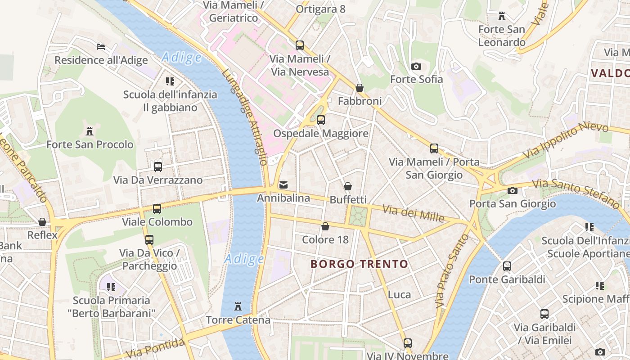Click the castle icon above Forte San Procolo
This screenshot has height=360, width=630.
click(x=89, y=131)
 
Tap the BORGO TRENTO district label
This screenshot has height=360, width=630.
click(x=360, y=264)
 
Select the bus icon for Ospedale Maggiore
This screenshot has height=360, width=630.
click(x=321, y=120)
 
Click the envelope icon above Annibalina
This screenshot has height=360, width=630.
click(x=283, y=184)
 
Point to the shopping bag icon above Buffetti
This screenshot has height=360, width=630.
click(x=348, y=186)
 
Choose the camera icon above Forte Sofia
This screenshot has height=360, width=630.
click(x=416, y=67)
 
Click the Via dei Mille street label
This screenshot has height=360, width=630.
click(x=413, y=213)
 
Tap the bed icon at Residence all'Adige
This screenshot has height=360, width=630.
click(x=101, y=47)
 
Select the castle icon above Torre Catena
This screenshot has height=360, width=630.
click(x=238, y=307)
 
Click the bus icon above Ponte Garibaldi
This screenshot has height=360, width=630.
click(x=507, y=266)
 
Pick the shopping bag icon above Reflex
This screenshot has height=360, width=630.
click(x=42, y=222)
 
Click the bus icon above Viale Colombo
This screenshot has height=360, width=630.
click(x=157, y=209)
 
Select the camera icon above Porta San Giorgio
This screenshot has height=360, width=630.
click(x=512, y=191)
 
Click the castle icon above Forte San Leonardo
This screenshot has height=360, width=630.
click(x=501, y=17)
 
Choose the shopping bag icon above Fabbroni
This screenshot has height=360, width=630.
click(x=360, y=88)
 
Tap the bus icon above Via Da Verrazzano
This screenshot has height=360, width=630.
click(x=158, y=167)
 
